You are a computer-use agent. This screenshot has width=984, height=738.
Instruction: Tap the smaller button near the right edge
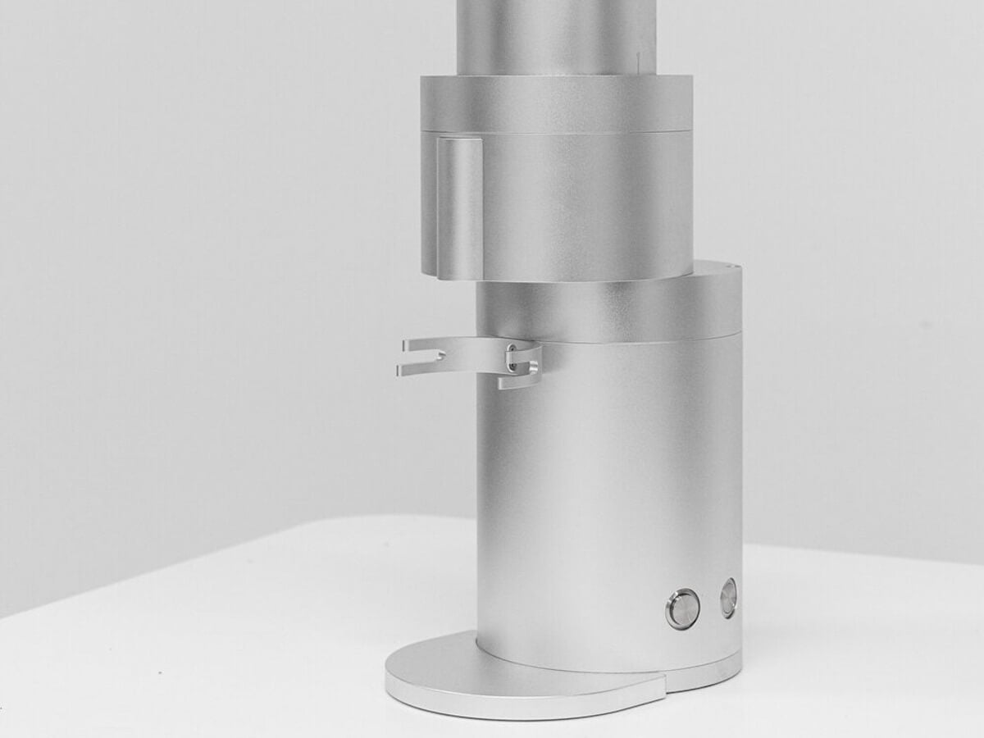[x=728, y=598]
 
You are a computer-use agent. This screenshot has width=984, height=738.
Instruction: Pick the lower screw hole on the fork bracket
[x=511, y=365]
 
